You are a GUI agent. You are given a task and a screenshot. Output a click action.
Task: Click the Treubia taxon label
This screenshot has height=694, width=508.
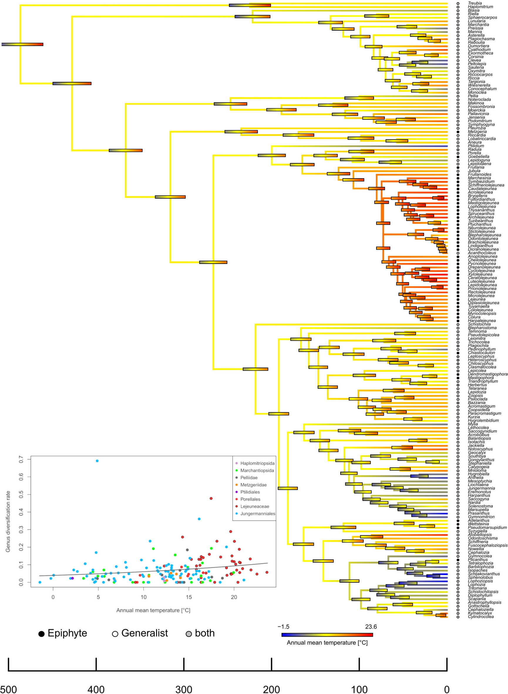475,3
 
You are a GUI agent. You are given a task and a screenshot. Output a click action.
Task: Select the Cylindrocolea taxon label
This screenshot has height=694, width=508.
481,616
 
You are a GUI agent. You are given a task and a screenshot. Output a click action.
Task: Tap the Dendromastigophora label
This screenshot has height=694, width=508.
487,374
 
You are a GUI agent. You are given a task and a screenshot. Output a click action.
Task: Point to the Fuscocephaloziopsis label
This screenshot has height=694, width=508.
487,545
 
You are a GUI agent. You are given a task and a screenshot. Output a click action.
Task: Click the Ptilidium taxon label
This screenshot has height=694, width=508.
476,146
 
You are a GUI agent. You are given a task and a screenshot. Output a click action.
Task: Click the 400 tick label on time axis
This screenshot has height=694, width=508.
96,689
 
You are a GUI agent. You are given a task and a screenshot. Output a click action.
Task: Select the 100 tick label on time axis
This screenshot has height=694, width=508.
359,689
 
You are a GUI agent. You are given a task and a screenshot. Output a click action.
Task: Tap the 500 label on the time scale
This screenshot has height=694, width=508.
8,689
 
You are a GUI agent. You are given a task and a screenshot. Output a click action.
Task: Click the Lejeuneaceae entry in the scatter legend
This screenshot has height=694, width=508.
254,506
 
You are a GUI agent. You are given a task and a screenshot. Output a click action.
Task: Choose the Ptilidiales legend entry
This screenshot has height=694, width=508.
250,492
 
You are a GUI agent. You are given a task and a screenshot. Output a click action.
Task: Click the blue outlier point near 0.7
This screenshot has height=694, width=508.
97,461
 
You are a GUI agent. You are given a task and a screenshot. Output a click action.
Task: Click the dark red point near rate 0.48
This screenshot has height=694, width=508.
211,498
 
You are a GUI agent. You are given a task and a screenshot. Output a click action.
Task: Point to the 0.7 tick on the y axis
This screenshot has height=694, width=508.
21,459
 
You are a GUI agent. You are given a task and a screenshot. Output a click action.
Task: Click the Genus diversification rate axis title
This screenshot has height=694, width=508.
8,522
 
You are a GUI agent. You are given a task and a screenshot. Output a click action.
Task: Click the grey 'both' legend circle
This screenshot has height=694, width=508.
189,634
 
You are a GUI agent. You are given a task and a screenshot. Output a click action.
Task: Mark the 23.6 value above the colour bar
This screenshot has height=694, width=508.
371,627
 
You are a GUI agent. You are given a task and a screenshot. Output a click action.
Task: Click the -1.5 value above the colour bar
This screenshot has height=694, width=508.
283,627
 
